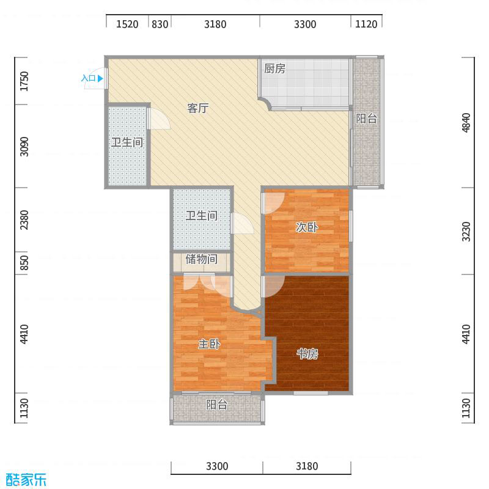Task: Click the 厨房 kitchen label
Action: [x=274, y=69]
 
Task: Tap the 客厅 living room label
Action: [x=198, y=109]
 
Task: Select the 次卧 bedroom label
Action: [x=307, y=227]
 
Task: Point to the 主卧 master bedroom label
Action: [x=209, y=345]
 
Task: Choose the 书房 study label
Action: [x=307, y=354]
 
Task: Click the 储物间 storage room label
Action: [x=201, y=259]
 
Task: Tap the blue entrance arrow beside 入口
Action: [x=100, y=78]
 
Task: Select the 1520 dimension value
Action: [x=127, y=24]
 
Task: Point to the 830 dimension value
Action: [x=160, y=24]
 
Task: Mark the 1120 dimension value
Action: [x=367, y=24]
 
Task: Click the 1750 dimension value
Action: [x=24, y=81]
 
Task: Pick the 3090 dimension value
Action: [x=24, y=146]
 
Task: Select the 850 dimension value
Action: [x=24, y=263]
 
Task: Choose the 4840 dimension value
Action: [x=467, y=123]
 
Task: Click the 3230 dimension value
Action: [x=467, y=232]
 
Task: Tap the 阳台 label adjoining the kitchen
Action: [x=367, y=119]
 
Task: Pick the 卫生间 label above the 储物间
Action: [x=202, y=216]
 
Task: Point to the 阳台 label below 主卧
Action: [x=216, y=405]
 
